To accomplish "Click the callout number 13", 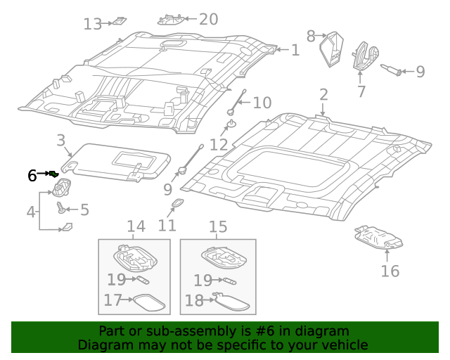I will [92, 25].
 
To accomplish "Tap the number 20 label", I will [208, 19].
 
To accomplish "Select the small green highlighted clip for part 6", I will [53, 174].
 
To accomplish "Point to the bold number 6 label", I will [32, 176].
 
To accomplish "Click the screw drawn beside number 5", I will [61, 208].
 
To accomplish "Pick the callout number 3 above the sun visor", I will [61, 140].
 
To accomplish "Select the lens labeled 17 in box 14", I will [149, 302].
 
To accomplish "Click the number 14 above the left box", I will [135, 226].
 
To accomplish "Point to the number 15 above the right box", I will [218, 226].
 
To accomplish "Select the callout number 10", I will [262, 103].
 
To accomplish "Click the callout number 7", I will [361, 91].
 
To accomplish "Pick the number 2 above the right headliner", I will [323, 94].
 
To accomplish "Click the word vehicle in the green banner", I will [344, 345].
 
